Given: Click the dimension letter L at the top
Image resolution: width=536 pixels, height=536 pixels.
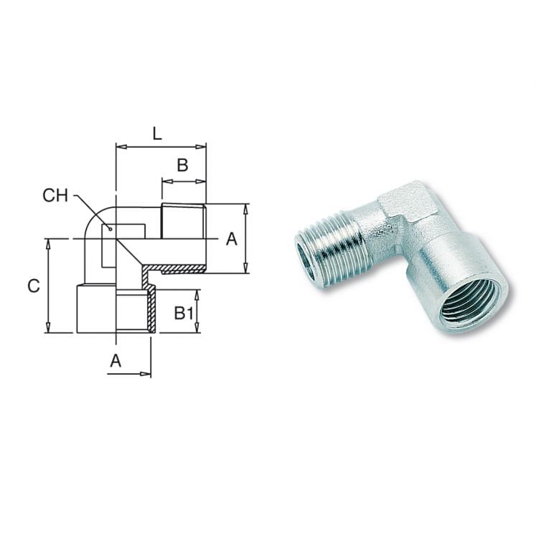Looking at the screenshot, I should [157, 133].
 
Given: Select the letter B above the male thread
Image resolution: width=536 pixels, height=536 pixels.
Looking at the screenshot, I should [182, 165].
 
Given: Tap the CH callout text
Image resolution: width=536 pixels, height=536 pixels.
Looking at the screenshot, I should [56, 195].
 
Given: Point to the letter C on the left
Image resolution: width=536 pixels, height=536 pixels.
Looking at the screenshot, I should [33, 286].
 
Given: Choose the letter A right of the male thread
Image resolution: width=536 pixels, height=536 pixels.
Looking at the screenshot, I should [231, 240].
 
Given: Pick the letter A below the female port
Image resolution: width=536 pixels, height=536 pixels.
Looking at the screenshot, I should [115, 362].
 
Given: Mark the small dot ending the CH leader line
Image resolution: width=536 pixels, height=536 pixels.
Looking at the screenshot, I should [110, 229].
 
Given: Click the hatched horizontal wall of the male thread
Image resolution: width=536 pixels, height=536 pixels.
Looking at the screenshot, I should [183, 270].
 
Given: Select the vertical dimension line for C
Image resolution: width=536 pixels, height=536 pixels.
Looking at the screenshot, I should [49, 286].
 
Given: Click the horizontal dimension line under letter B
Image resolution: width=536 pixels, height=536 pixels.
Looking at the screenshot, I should [184, 182].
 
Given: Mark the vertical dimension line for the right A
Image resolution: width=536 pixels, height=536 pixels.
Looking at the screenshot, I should [246, 238].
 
